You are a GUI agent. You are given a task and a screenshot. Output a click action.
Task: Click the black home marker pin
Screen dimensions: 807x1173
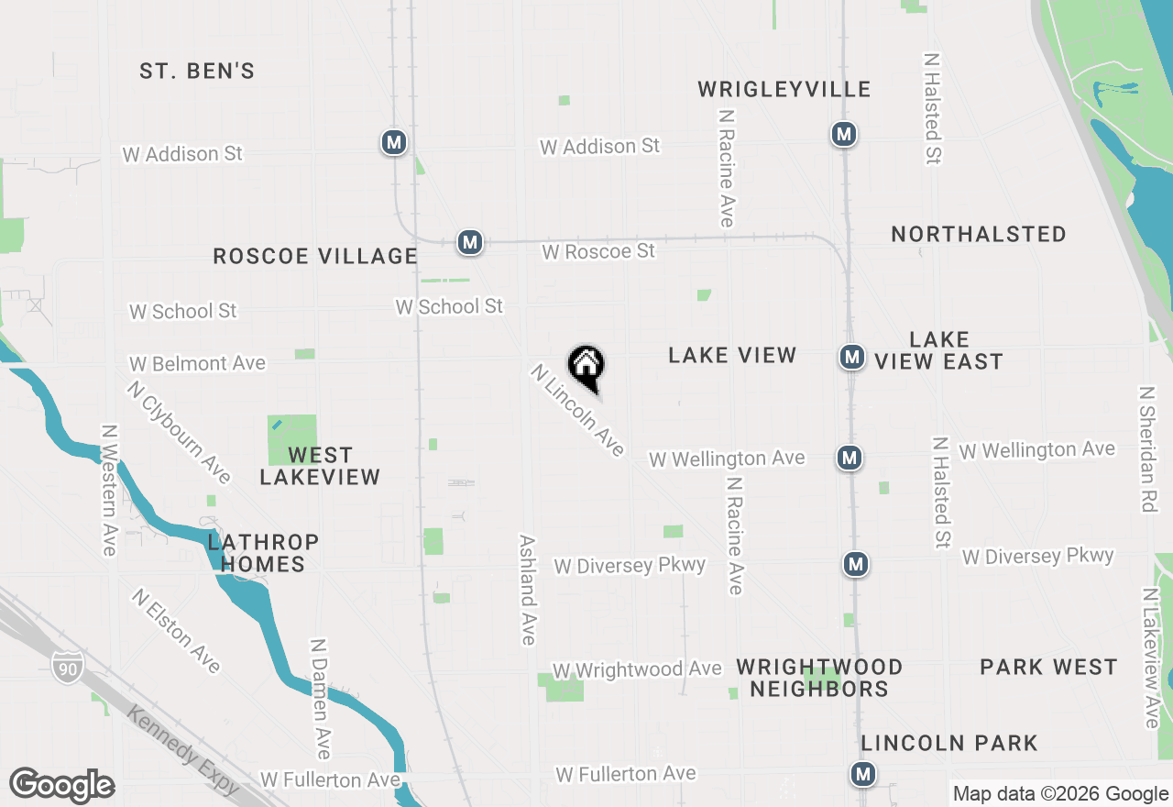(x=586, y=367)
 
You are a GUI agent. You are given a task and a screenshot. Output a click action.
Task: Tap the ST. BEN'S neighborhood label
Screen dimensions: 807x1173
(x=197, y=71)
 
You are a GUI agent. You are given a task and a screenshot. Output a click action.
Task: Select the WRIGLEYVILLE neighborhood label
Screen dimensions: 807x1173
(x=784, y=89)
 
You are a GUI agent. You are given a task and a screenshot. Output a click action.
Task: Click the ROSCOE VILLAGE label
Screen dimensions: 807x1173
(x=315, y=256)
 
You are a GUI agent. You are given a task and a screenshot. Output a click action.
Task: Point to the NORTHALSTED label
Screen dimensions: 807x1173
(x=979, y=234)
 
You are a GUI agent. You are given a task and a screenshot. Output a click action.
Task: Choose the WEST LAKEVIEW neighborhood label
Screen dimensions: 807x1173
(x=320, y=466)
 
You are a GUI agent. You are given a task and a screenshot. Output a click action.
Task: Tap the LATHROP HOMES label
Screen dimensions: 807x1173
(x=263, y=553)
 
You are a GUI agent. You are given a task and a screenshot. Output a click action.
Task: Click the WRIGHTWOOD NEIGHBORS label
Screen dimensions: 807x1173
(x=819, y=678)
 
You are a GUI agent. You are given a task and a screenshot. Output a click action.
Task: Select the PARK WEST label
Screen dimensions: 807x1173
(x=1048, y=667)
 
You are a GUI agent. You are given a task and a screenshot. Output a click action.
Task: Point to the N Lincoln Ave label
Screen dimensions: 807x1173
(x=577, y=410)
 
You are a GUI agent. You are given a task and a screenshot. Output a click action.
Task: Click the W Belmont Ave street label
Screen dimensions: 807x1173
(x=197, y=364)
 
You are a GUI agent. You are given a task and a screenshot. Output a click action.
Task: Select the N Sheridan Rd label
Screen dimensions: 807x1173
(x=1146, y=448)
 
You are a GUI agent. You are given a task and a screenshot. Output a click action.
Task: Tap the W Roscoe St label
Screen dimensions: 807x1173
(x=598, y=250)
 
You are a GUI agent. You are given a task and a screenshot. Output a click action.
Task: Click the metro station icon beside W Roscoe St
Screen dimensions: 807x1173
(x=470, y=242)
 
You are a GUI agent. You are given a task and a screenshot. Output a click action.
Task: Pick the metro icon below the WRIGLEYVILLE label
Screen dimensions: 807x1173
(x=843, y=135)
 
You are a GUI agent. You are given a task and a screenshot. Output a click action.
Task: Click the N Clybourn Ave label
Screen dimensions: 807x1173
(x=179, y=431)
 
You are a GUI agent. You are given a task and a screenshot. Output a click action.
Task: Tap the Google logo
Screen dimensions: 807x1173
(x=62, y=785)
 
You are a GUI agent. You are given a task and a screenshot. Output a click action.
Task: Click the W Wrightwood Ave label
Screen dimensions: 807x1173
(x=637, y=670)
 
